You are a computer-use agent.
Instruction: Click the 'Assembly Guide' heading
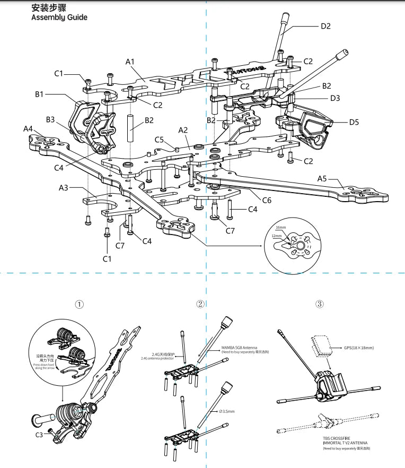pos(59,18)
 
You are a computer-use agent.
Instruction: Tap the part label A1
pos(131,62)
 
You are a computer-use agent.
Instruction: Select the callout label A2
pos(183,130)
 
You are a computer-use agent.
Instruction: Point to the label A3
pos(64,188)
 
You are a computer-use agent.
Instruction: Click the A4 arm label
pos(29,128)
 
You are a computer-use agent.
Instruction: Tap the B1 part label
pos(40,94)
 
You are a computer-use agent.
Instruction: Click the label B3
pos(50,120)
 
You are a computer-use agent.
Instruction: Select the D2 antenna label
pos(325,26)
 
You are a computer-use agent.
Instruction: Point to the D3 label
pos(335,98)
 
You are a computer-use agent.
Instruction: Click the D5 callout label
pos(354,122)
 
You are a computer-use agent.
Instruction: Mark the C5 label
pos(160,140)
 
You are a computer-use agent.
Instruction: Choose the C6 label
pos(267,200)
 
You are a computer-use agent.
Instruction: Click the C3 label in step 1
pos(39,435)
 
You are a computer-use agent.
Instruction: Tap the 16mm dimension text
pos(281,227)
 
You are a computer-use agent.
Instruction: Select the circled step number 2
pos(200,304)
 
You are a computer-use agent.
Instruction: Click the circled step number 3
pos(320,304)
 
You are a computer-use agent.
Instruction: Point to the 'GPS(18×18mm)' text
pos(359,348)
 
